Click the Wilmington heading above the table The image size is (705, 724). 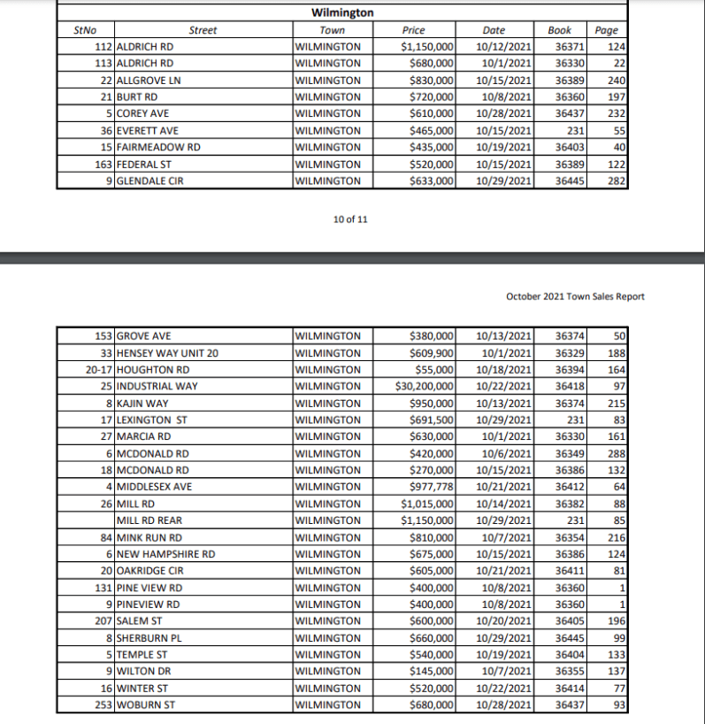342,13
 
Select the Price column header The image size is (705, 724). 413,30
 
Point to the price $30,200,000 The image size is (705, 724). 425,386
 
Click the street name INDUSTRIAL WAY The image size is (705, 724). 157,386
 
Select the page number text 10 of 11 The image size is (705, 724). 351,220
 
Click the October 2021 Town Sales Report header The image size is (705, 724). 575,297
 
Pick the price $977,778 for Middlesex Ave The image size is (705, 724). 433,487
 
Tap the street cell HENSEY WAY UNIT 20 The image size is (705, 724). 167,352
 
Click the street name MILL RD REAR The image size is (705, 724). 149,520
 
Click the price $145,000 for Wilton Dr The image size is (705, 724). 433,672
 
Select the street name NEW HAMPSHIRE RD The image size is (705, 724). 166,554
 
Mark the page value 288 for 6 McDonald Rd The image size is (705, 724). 617,453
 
